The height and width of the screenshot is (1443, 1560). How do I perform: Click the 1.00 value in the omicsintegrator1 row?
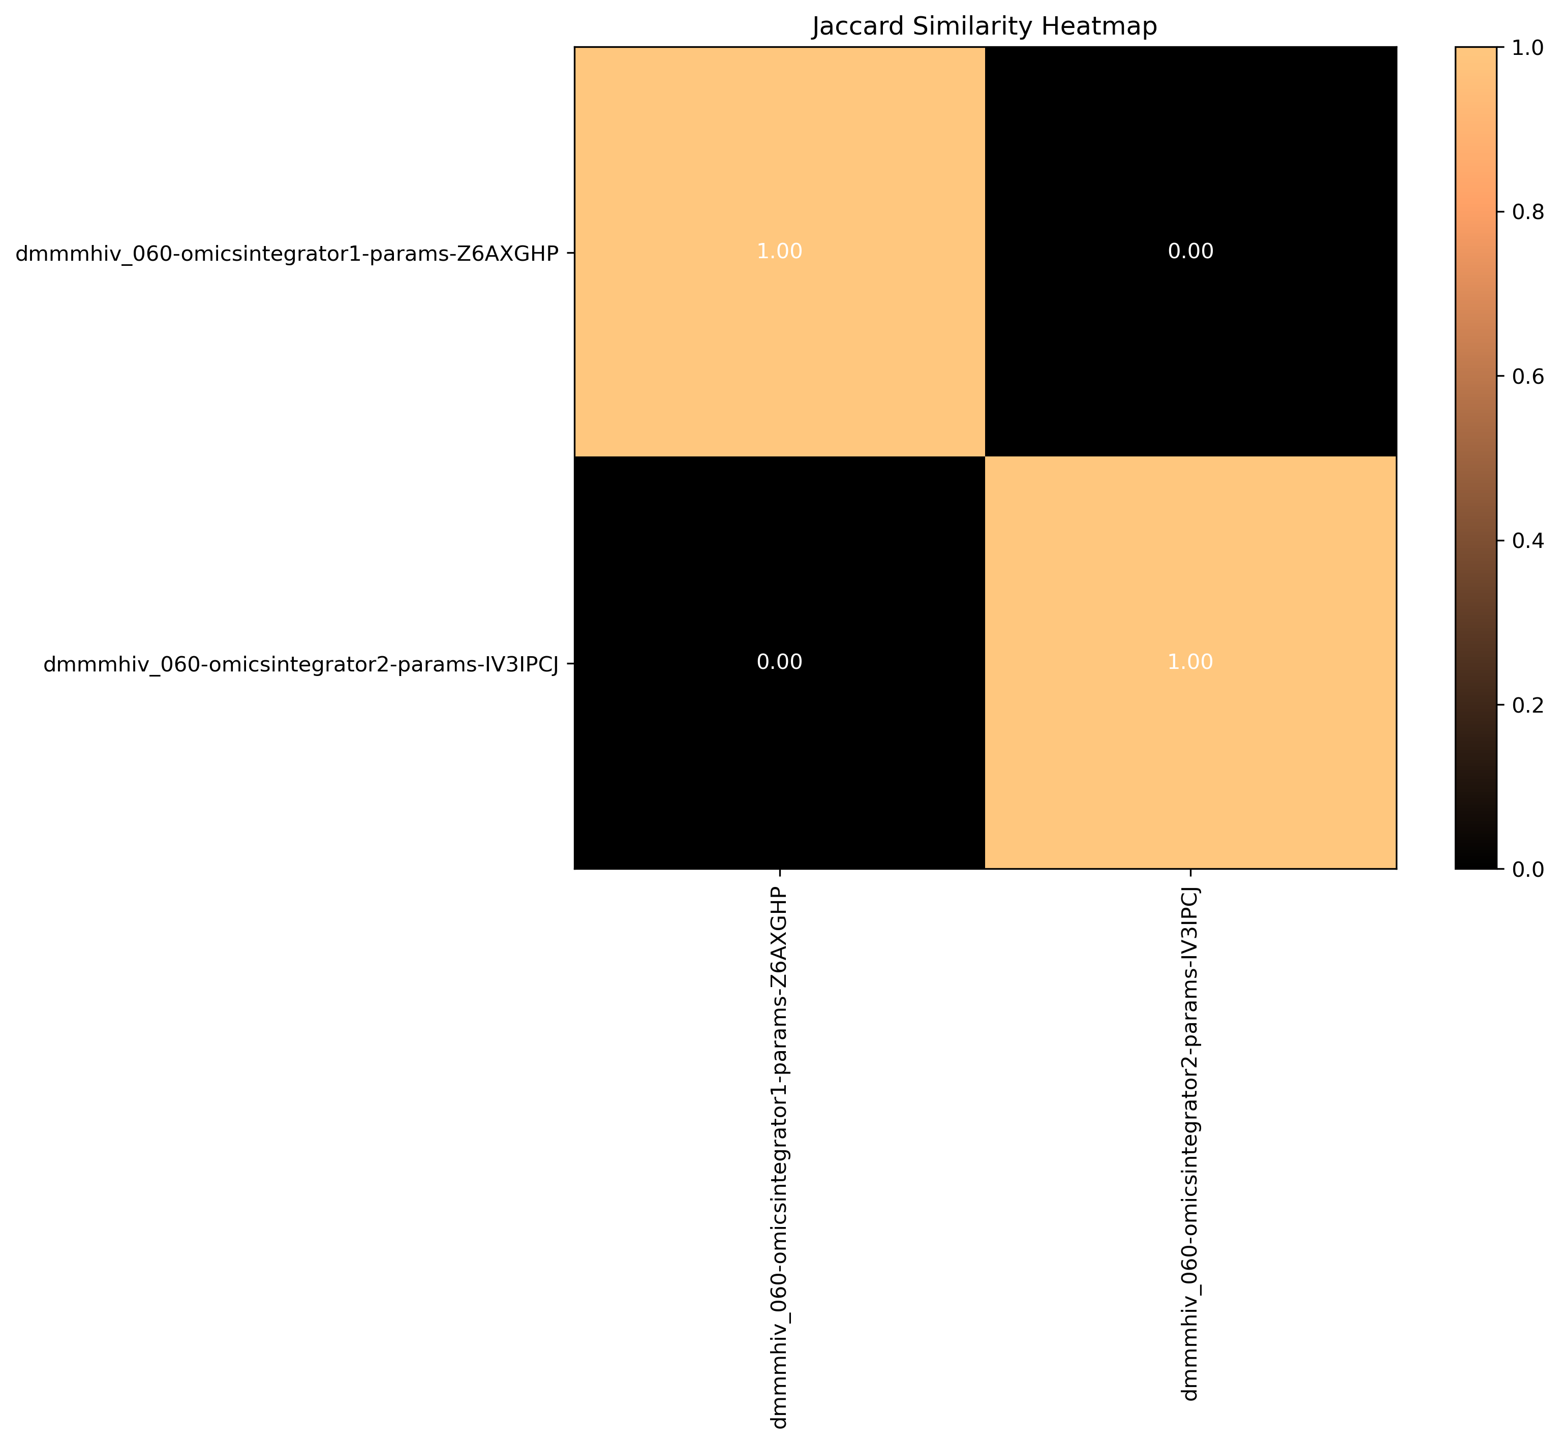click(779, 252)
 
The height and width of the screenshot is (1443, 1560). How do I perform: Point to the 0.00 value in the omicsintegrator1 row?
click(1190, 252)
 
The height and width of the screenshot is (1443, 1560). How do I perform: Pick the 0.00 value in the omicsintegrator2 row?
click(779, 662)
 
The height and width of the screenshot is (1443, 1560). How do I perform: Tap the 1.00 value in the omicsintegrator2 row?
click(1190, 662)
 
